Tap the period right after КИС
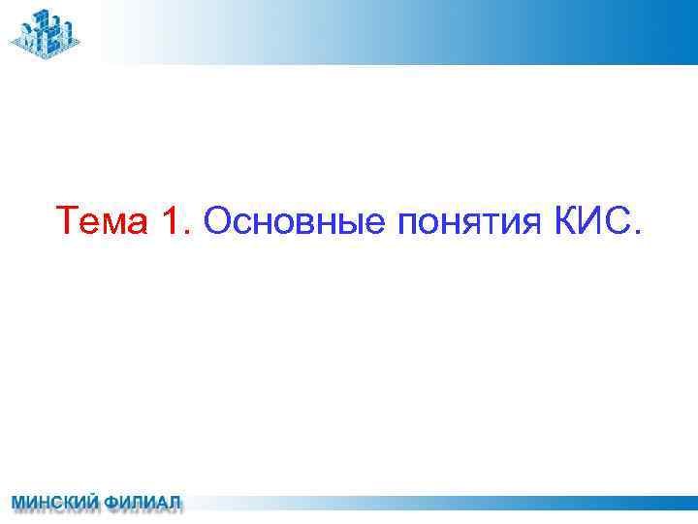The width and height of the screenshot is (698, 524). pos(636,233)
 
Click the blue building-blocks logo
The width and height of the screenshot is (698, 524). pos(45,32)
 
